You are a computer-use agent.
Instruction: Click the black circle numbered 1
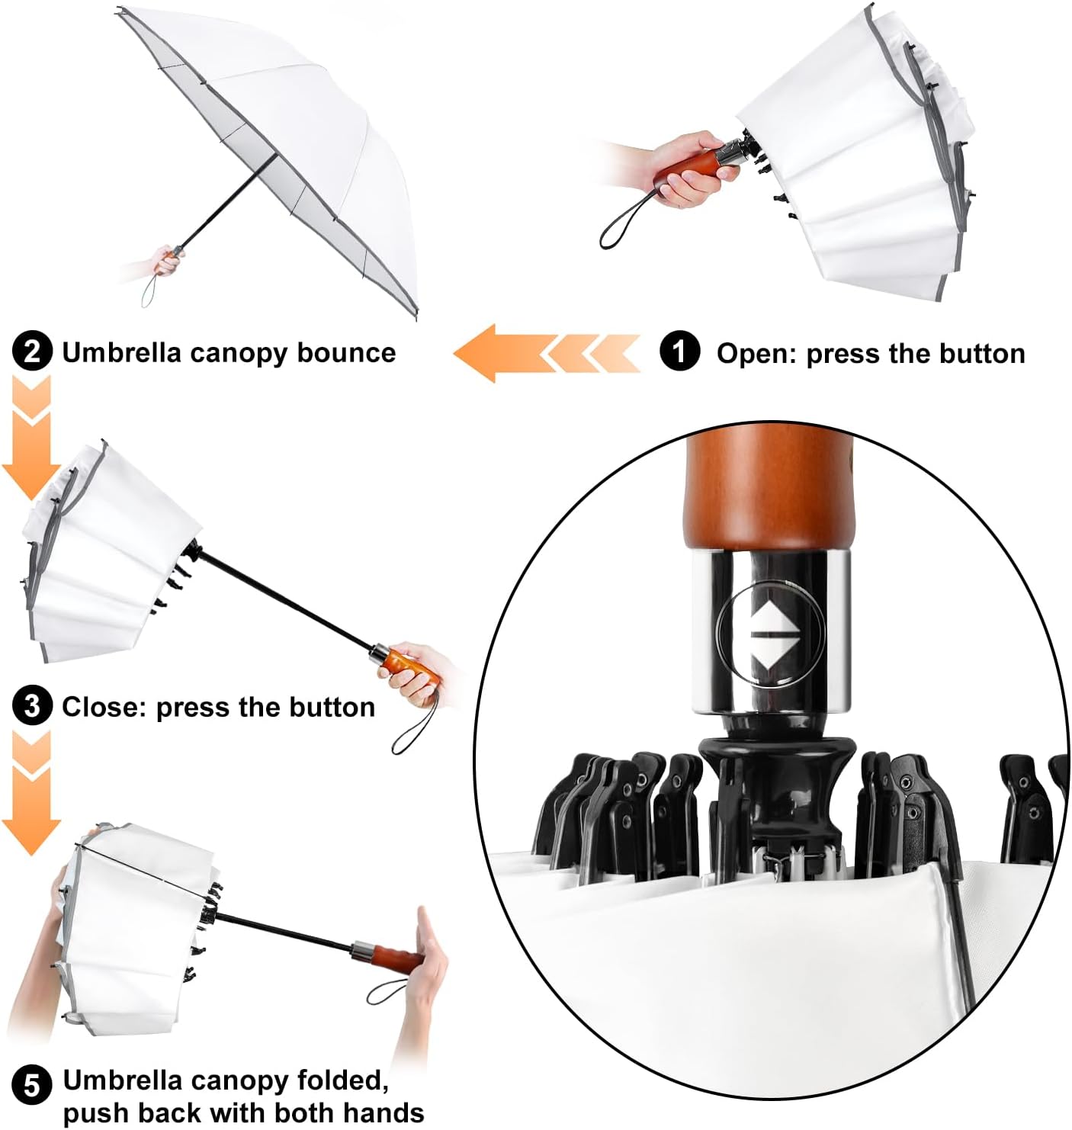(679, 352)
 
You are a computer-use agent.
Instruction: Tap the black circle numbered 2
(32, 352)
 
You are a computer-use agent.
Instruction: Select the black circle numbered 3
(32, 706)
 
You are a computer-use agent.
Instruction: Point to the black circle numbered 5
(32, 1084)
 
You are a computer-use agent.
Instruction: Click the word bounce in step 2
(347, 352)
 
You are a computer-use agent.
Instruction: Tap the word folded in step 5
(342, 1081)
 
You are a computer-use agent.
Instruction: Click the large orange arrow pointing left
(546, 353)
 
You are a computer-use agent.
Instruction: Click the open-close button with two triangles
(770, 633)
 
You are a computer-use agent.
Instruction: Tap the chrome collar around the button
(771, 631)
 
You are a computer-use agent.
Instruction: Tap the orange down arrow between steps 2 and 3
(31, 438)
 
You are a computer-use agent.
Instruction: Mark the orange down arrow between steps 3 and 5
(31, 792)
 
